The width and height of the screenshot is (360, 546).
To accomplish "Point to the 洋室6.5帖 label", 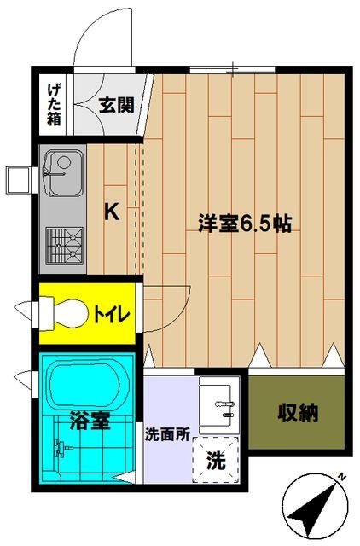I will (246, 224).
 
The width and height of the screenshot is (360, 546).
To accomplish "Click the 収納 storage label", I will (298, 415).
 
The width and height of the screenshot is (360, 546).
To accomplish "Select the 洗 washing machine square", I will (218, 461).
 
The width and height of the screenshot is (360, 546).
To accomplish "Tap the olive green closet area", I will (297, 415).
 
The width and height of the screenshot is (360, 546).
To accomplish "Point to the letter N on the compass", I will (340, 478).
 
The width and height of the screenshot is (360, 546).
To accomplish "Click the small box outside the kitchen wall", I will (18, 177).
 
